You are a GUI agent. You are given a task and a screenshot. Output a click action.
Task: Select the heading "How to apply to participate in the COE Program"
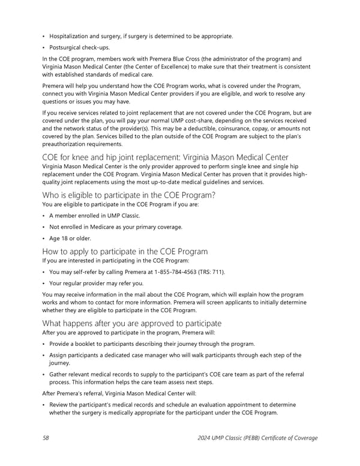point(125,251)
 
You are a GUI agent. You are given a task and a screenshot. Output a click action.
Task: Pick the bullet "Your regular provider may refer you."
point(96,283)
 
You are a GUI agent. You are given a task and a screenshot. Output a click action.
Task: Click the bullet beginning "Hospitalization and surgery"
point(141,36)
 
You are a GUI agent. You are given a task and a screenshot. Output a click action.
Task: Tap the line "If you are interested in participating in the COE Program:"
point(115,261)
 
